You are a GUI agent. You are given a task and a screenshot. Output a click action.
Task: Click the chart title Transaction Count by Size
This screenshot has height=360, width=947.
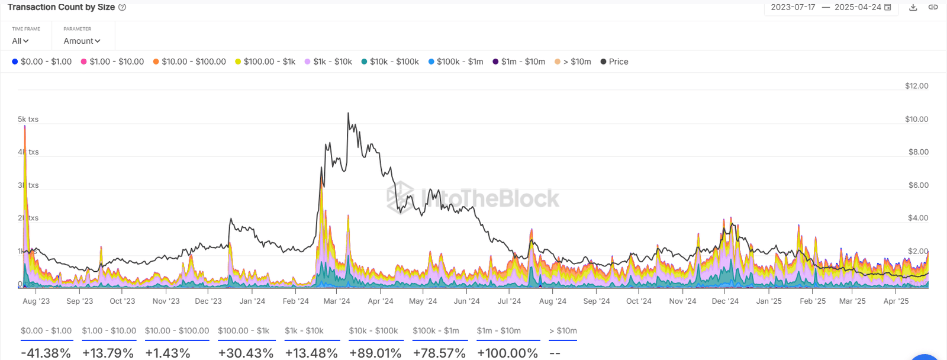coord(61,7)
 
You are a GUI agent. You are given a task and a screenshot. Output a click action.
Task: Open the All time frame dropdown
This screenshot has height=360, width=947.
coord(20,41)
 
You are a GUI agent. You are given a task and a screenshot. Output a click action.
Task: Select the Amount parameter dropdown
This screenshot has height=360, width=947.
coord(82,41)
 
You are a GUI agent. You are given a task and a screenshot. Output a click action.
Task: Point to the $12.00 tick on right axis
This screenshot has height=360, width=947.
coord(916,86)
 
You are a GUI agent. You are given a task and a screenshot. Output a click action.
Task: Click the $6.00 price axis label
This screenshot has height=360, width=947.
coord(918,185)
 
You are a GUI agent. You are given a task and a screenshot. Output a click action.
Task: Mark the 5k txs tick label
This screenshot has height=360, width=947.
coord(28,119)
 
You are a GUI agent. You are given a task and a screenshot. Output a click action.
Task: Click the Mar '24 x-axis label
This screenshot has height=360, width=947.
coord(337,301)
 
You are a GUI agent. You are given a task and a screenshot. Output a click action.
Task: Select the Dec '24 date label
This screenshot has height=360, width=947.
coord(725,301)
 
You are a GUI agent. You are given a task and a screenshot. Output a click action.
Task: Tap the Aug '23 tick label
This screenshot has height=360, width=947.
coord(36,301)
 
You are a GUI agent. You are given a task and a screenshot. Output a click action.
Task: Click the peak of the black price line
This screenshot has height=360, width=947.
coord(348,113)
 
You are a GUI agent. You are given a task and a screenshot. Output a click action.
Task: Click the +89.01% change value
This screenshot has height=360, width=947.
coord(375,353)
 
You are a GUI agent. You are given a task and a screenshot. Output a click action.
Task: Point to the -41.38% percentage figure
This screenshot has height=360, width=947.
coord(46,353)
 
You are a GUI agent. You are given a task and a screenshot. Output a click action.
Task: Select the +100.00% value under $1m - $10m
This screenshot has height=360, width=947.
coord(507,353)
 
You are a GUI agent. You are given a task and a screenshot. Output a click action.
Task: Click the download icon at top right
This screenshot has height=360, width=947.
coord(913,7)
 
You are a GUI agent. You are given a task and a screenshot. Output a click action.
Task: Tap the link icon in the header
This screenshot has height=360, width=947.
coord(933,7)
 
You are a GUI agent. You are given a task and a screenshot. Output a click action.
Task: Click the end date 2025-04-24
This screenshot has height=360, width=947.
coord(858,7)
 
